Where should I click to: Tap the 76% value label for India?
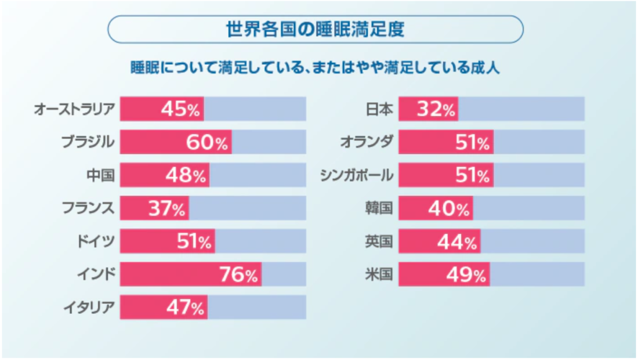(237, 274)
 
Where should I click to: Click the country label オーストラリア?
(74, 110)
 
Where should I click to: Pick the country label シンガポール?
(356, 176)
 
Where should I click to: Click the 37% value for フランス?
(166, 208)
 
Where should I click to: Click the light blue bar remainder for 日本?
(521, 110)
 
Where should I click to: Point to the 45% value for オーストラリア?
(180, 110)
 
